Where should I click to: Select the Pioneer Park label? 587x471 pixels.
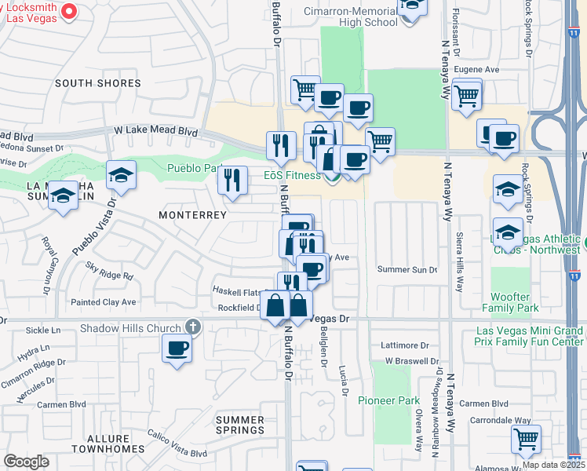[388, 400]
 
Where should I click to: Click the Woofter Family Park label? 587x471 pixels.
[516, 302]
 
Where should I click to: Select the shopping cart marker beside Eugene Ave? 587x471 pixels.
[467, 97]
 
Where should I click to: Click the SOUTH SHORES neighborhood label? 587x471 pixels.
[98, 83]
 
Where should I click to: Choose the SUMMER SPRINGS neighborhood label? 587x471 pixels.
[240, 425]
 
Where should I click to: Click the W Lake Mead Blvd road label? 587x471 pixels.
[155, 130]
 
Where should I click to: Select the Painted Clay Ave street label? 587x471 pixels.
[103, 301]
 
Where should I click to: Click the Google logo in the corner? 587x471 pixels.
[26, 462]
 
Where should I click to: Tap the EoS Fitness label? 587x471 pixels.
[291, 175]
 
